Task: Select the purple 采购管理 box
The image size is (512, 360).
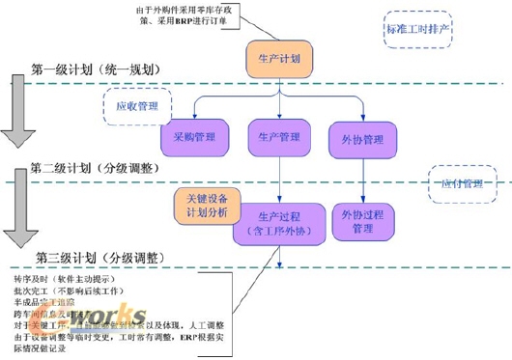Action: coord(193,137)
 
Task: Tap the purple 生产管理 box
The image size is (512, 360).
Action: coord(278,137)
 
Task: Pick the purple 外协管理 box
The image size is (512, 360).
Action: coord(362,139)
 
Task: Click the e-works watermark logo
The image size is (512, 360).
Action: coord(140,318)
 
